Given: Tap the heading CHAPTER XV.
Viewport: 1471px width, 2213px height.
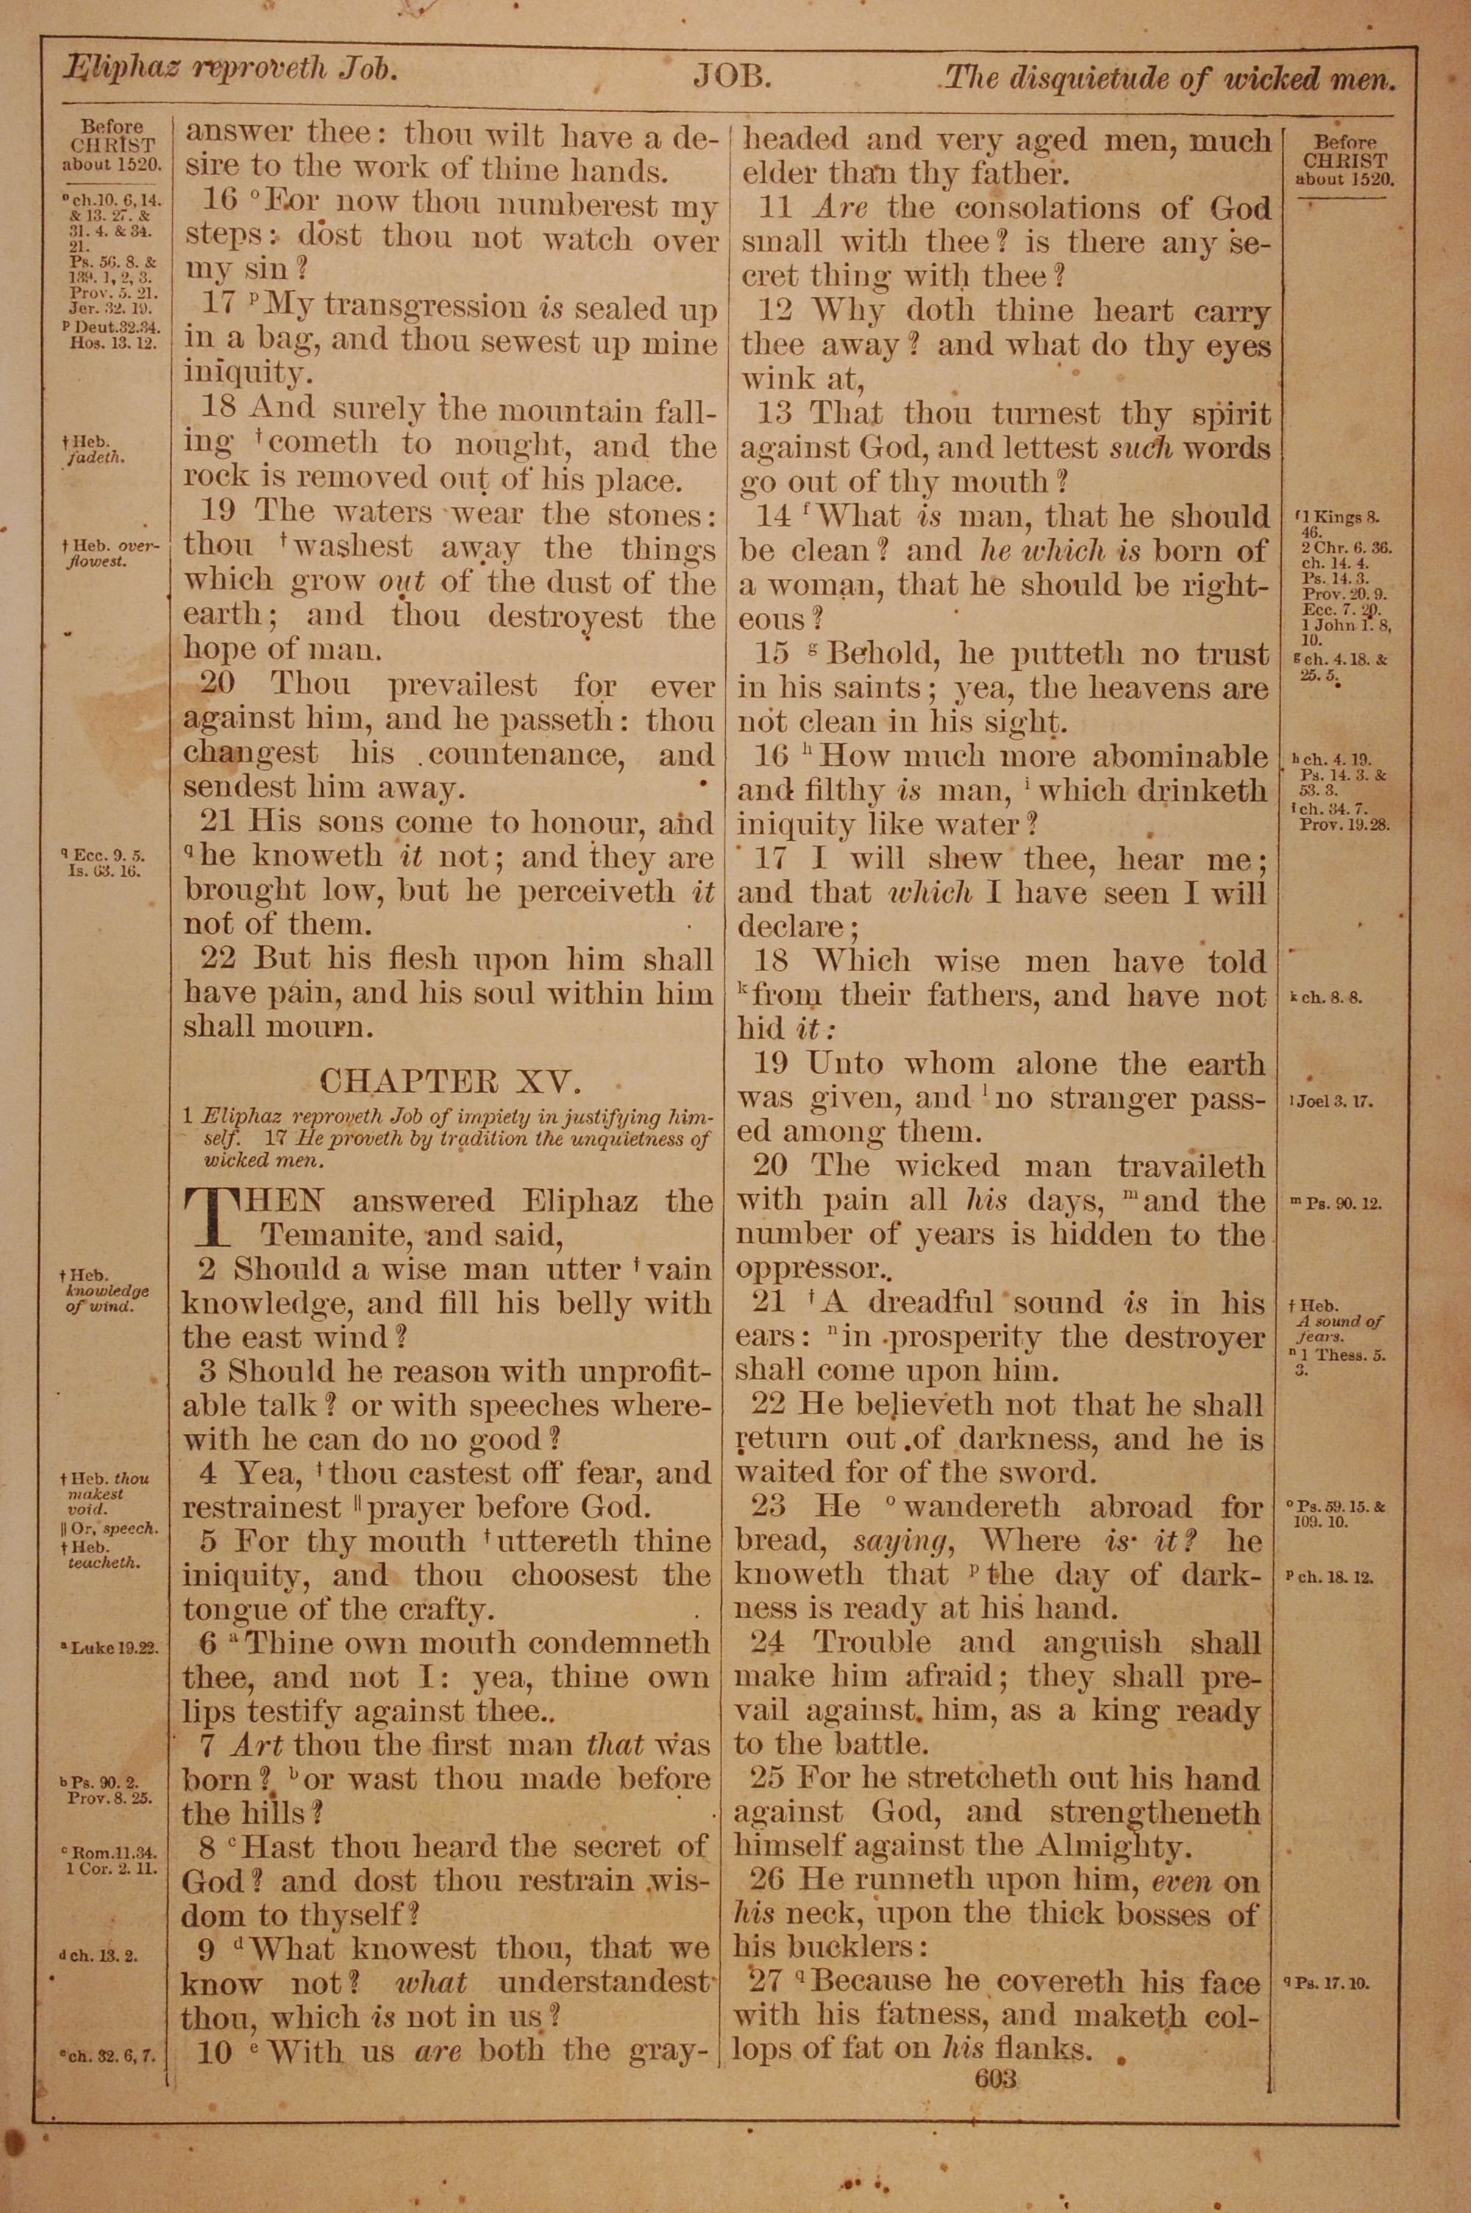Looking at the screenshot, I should [449, 1081].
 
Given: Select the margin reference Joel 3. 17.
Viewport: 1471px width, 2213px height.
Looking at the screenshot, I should [1335, 1101].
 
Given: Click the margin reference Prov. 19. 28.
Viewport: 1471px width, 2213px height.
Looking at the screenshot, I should [1344, 825].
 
